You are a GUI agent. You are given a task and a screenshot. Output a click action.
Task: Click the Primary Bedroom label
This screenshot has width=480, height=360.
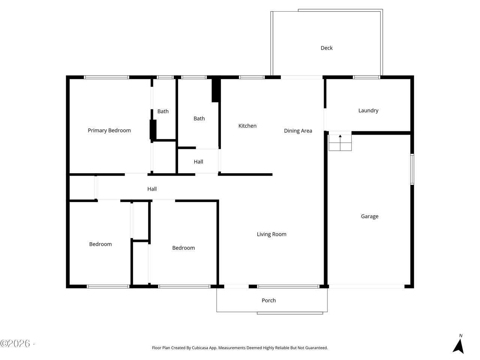[109, 130]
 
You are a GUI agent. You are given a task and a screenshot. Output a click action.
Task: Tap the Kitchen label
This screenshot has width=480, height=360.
[247, 126]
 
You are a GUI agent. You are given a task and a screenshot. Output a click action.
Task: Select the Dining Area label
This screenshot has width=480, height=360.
[298, 131]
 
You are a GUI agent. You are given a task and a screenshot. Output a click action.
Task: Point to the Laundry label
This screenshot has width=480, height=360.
[368, 111]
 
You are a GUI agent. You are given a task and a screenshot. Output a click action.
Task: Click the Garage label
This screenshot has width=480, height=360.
[370, 216]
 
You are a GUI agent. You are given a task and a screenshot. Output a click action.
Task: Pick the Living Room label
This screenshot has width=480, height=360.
[271, 234]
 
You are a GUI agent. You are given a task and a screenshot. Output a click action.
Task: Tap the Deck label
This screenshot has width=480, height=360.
[327, 48]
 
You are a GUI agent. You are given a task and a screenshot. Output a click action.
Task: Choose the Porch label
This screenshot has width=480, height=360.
[268, 300]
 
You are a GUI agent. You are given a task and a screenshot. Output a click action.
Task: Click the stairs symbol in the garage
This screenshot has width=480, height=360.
[340, 142]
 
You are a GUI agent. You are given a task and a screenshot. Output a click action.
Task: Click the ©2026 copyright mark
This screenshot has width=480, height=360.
[15, 343]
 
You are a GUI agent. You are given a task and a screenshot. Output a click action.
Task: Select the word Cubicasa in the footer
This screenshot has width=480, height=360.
[200, 348]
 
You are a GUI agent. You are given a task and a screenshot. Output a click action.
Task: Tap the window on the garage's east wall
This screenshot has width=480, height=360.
[412, 169]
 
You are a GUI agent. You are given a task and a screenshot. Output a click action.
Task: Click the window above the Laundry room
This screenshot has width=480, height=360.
[366, 77]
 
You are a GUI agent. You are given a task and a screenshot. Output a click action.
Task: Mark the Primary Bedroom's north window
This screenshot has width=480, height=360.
[106, 77]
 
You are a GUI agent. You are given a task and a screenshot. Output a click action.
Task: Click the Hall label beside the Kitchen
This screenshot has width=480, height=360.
[198, 162]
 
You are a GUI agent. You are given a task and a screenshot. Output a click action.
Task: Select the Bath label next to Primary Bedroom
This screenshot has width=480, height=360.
[163, 111]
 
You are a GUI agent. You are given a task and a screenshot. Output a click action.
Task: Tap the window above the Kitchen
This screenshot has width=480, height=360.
[252, 77]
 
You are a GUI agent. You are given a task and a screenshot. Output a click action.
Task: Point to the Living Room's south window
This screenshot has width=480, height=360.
[288, 286]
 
